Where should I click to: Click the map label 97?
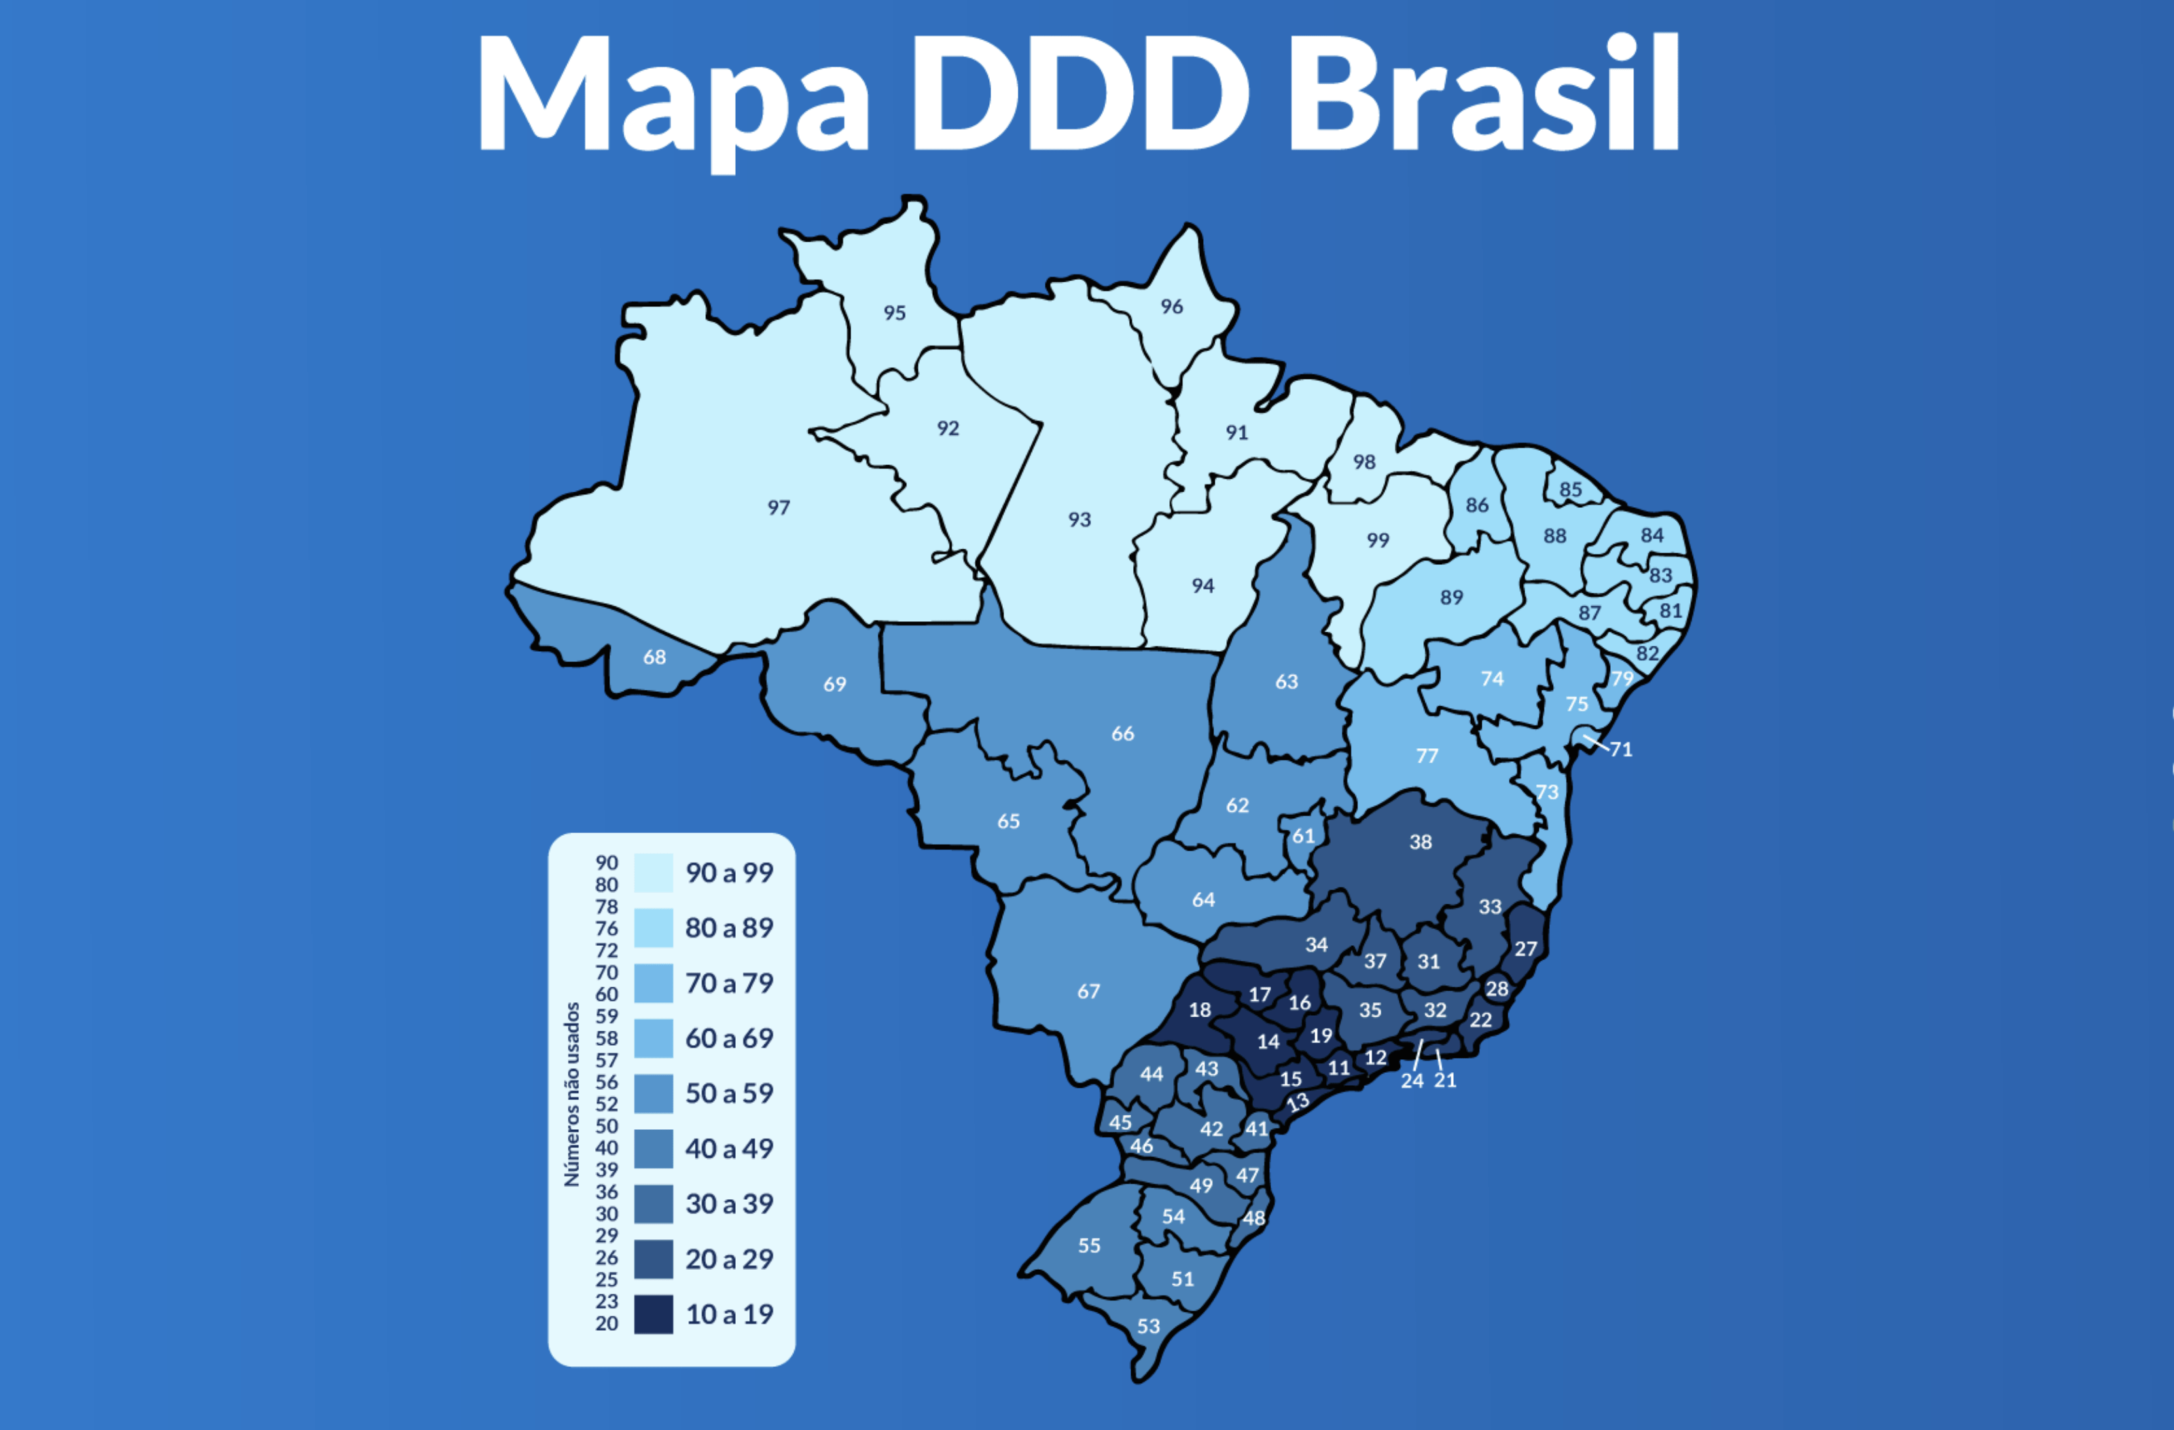click(x=779, y=508)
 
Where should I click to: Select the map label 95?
click(x=894, y=313)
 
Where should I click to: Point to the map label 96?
click(x=1172, y=307)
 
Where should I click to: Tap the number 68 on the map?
click(x=654, y=657)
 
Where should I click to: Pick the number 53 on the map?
click(x=1148, y=1326)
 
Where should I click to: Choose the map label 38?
click(x=1421, y=842)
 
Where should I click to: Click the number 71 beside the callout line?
click(x=1622, y=750)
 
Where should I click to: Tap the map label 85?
click(x=1570, y=490)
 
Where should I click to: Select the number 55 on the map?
click(x=1089, y=1245)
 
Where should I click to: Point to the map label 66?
click(x=1122, y=733)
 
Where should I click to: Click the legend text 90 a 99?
click(x=729, y=873)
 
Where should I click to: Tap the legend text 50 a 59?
click(x=729, y=1093)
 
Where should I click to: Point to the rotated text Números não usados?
click(x=573, y=1094)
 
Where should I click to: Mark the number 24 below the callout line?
click(x=1412, y=1081)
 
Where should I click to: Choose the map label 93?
click(x=1080, y=519)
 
